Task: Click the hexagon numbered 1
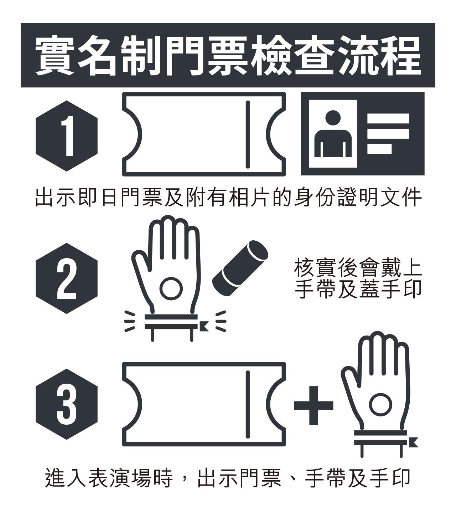(x=66, y=136)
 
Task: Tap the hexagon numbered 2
(x=66, y=278)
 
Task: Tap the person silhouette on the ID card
(x=333, y=134)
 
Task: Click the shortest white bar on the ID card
(x=379, y=149)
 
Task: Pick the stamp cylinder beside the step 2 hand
(x=240, y=268)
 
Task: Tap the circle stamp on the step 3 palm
(x=380, y=404)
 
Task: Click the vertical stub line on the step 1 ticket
(x=248, y=134)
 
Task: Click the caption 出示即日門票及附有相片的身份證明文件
(x=228, y=197)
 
